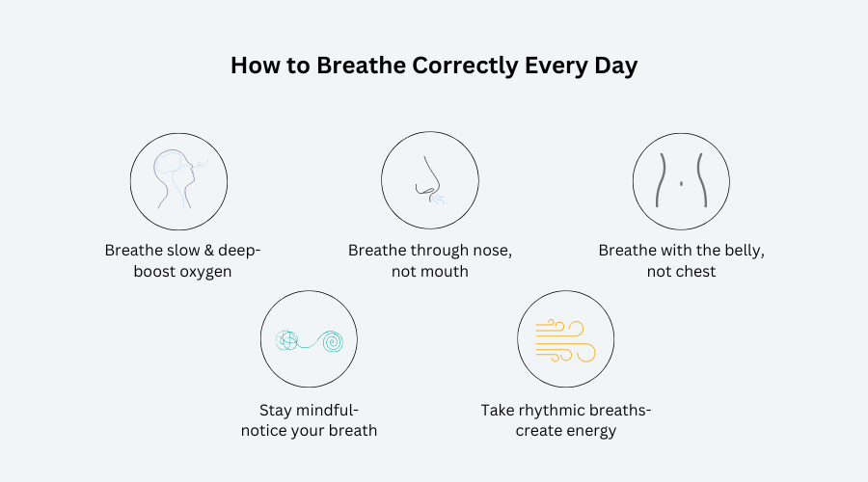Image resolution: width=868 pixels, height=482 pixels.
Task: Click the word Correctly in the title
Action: (465, 66)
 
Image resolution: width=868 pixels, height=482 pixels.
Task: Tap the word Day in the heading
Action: (615, 66)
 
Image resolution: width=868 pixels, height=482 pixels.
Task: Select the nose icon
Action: (430, 180)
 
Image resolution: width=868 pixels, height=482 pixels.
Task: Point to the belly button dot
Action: (681, 183)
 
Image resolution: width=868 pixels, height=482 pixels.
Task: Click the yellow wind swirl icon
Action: (565, 341)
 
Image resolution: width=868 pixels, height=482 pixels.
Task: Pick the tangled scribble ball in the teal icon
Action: (286, 340)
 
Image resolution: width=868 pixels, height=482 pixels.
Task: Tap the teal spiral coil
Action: (332, 341)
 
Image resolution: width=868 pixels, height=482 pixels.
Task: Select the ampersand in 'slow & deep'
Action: (208, 250)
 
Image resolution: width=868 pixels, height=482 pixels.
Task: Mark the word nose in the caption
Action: (492, 252)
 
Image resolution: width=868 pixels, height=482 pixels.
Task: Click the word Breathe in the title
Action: (361, 66)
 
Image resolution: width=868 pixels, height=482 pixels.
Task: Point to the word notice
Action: (261, 431)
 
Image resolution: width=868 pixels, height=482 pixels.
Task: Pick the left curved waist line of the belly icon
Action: (660, 180)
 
